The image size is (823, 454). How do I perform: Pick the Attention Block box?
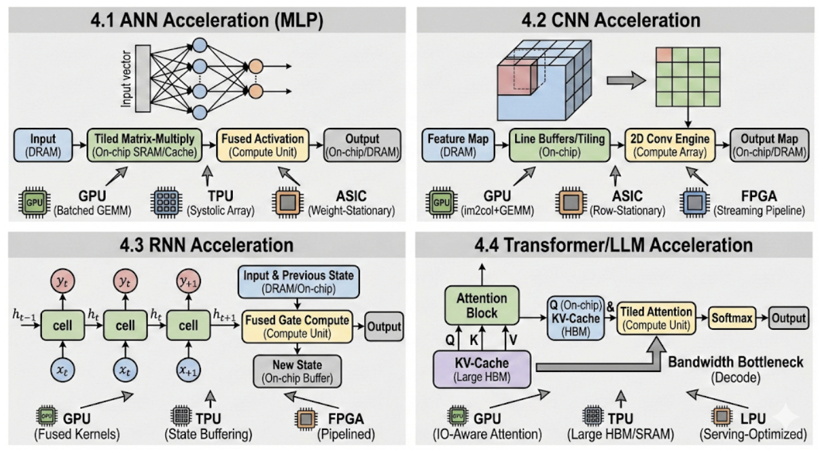point(482,305)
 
